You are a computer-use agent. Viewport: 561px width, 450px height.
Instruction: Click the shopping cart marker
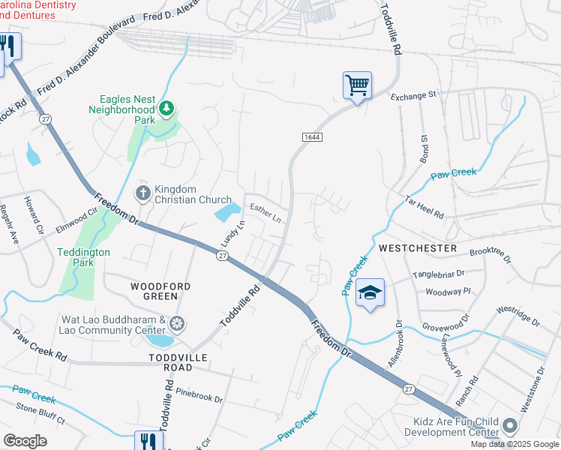357,85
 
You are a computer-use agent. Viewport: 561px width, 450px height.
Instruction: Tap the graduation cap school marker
370,292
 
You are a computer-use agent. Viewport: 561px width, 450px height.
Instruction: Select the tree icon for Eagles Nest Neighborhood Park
165,111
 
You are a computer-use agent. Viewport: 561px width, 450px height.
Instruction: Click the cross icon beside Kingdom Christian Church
142,194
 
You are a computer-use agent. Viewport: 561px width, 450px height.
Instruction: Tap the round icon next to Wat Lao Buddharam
177,324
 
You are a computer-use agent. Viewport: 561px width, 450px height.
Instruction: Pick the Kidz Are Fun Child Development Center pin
510,426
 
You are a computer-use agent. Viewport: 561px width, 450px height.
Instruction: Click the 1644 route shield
313,136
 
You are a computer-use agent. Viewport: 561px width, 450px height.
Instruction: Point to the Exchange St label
412,96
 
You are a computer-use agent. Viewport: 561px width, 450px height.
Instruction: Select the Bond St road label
424,149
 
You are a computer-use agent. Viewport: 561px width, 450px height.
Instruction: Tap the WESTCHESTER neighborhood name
418,247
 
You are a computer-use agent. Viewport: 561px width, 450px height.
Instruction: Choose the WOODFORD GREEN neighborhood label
160,291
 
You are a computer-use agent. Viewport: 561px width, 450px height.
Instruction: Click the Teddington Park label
83,258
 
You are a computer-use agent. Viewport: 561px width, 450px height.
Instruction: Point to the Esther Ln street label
265,214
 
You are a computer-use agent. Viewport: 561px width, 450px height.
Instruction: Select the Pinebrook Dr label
199,395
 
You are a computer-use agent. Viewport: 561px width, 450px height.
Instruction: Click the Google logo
25,440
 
